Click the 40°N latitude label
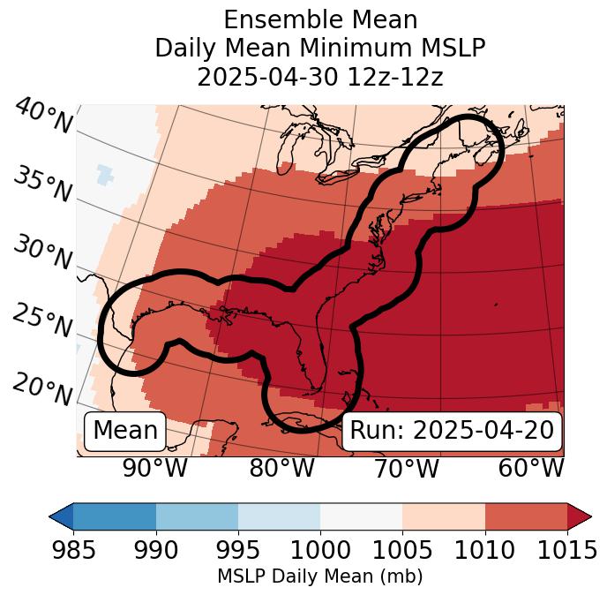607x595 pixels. point(43,117)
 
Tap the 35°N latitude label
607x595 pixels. point(42,185)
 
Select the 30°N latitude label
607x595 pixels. point(42,253)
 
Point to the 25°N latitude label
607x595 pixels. point(42,321)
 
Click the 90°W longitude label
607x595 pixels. point(155,468)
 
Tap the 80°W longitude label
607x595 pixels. point(281,468)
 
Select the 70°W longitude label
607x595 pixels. point(406,468)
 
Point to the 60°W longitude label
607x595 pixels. point(531,468)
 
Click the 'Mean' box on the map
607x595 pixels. point(125,431)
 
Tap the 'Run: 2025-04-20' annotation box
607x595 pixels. point(452,431)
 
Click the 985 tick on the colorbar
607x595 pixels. point(73,550)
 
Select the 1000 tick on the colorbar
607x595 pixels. point(320,550)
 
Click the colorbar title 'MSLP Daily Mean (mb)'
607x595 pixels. point(319,576)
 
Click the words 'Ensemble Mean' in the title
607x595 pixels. point(320,19)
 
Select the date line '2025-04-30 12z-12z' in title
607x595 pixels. point(320,77)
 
